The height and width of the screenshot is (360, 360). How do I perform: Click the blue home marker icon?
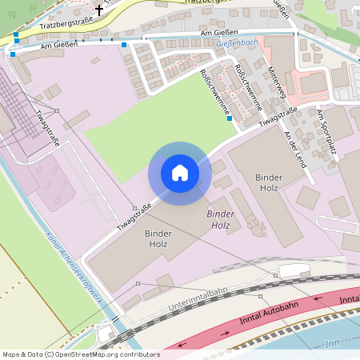180,173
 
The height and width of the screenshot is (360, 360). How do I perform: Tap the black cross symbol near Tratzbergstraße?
99,10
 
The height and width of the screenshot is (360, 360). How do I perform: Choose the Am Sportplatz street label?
327,128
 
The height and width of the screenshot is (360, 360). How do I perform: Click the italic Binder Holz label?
218,220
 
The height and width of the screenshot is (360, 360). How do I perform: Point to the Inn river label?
333,343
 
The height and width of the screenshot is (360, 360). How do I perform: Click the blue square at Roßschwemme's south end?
230,118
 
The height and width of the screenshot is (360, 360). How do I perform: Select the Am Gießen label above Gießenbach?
219,33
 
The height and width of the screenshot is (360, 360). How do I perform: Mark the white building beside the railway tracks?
294,270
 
